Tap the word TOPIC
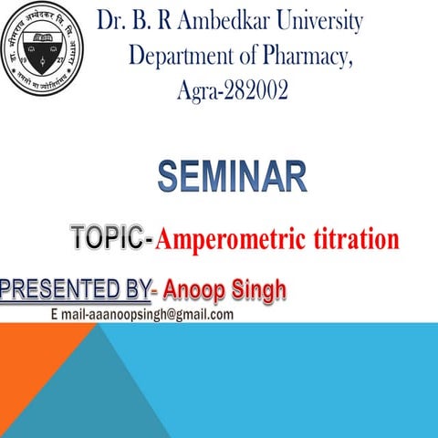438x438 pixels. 107,239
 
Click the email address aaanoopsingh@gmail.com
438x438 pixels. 141,315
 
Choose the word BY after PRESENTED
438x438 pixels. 134,291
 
